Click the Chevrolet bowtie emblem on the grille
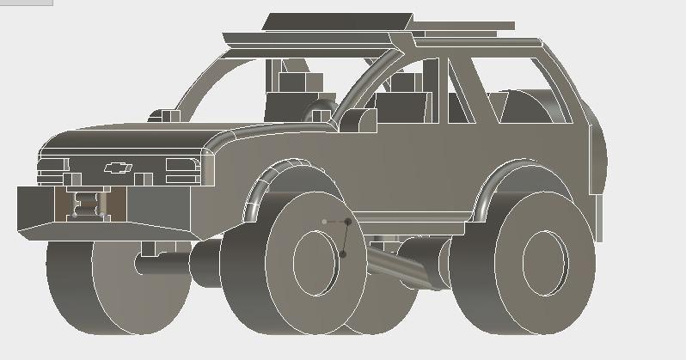coord(116,168)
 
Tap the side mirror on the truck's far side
coord(163,115)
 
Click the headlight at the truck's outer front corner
coord(53,164)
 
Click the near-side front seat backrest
coord(401,107)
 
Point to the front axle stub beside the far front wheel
coord(163,262)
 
